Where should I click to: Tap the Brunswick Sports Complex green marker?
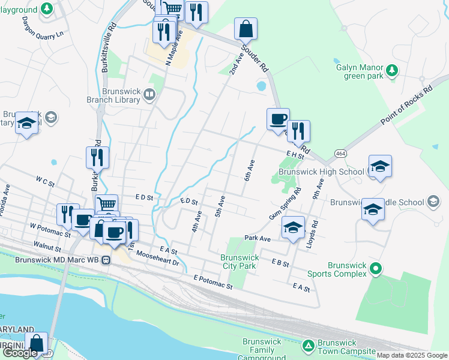[376, 268]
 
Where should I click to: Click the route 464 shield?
[340, 154]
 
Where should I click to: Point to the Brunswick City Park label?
[238, 262]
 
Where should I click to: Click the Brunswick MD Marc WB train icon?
[106, 260]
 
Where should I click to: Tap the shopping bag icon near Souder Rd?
[246, 28]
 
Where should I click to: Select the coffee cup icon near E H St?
[278, 119]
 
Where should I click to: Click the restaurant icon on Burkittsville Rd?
[97, 157]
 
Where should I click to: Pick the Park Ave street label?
[258, 238]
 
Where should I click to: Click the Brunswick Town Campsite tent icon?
[308, 346]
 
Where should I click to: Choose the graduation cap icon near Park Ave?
[292, 227]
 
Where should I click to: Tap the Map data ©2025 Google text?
[411, 355]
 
